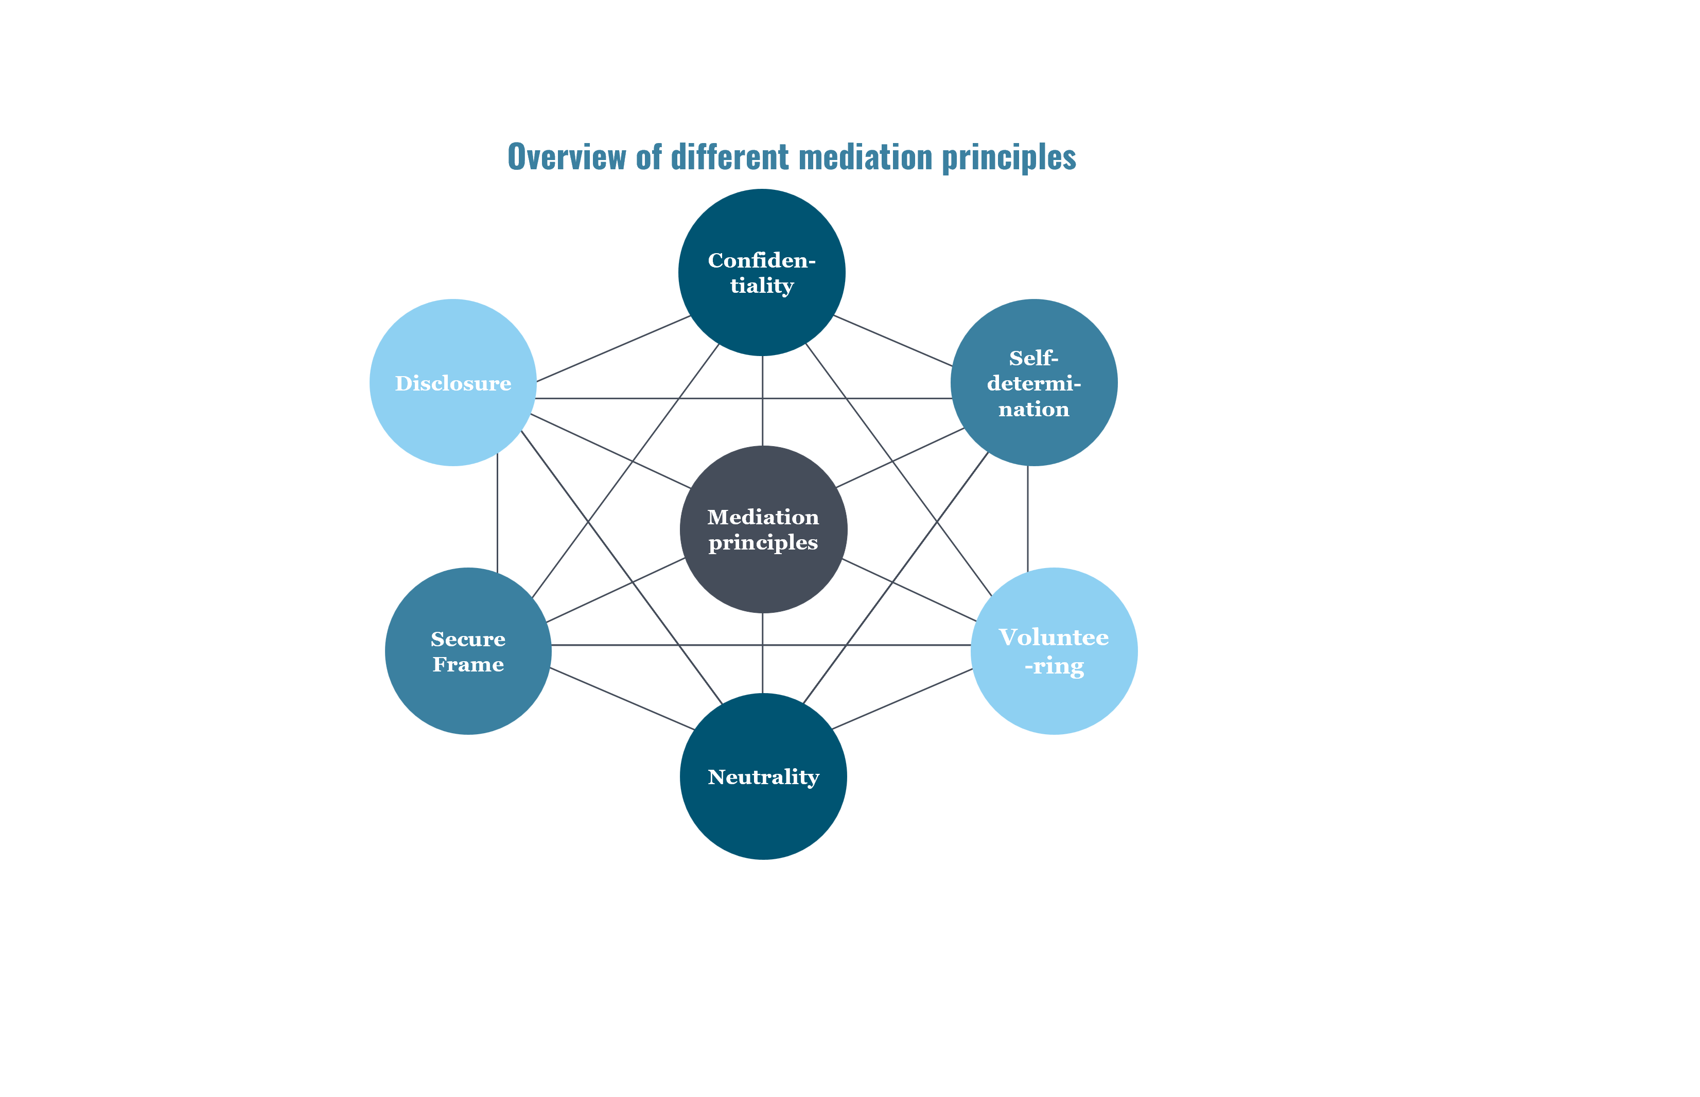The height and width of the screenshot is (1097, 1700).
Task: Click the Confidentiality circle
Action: click(x=762, y=272)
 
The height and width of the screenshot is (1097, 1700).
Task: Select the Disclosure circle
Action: click(x=452, y=382)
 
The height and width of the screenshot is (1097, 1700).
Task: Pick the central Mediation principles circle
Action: click(x=763, y=529)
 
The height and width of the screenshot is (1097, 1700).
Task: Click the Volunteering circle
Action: click(x=1054, y=651)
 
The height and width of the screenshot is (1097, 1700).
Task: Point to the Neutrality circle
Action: click(x=763, y=776)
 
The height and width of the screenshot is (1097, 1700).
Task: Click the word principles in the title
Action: click(x=1008, y=158)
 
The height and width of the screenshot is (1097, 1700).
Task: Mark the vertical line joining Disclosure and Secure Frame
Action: click(x=497, y=513)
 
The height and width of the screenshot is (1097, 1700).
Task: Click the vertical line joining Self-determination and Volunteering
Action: click(x=1027, y=517)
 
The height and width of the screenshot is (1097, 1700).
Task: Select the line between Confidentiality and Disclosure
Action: click(x=613, y=348)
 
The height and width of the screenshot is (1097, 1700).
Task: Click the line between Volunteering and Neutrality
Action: click(x=902, y=699)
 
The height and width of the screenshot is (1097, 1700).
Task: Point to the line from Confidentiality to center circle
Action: click(x=762, y=400)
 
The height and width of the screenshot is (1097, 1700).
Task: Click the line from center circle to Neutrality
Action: click(x=762, y=652)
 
